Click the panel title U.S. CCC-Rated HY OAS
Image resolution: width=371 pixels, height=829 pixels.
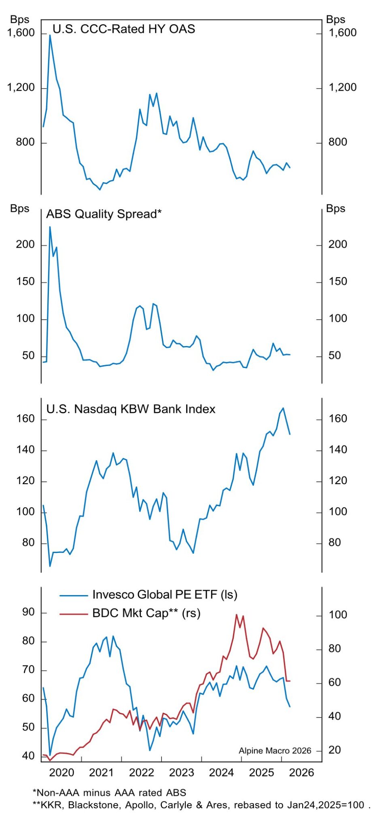pyautogui.click(x=124, y=29)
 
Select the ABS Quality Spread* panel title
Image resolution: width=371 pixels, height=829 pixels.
pyautogui.click(x=104, y=214)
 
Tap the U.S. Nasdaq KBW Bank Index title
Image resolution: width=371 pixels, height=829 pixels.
pyautogui.click(x=131, y=409)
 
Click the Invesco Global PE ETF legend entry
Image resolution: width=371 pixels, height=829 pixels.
pyautogui.click(x=165, y=595)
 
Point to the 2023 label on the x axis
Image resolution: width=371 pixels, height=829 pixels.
pyautogui.click(x=182, y=773)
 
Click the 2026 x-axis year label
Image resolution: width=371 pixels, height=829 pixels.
pyautogui.click(x=302, y=773)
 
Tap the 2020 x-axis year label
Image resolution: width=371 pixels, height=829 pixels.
pyautogui.click(x=61, y=773)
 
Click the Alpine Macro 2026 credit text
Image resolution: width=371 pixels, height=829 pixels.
pyautogui.click(x=275, y=751)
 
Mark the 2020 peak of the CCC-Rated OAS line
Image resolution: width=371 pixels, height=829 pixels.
pyautogui.click(x=50, y=35)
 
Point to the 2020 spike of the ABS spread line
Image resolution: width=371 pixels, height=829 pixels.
pyautogui.click(x=50, y=227)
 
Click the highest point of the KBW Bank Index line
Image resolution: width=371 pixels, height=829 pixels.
pyautogui.click(x=283, y=408)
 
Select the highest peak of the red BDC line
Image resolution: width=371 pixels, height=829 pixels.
pyautogui.click(x=236, y=614)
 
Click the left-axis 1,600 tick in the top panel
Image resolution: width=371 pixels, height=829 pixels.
pyautogui.click(x=21, y=33)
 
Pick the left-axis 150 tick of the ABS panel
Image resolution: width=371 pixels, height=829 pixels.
pyautogui.click(x=25, y=282)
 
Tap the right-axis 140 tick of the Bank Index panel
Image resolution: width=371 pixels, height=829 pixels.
pyautogui.click(x=338, y=450)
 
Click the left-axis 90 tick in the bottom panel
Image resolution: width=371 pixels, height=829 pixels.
pyautogui.click(x=28, y=612)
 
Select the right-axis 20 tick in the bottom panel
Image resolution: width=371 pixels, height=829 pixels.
pyautogui.click(x=335, y=750)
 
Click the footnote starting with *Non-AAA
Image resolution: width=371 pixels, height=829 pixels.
pyautogui.click(x=109, y=793)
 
